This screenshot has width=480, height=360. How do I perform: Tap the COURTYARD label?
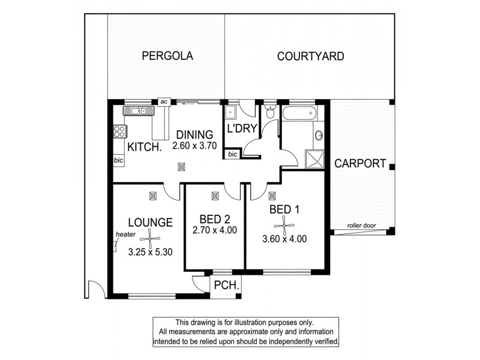(x=310, y=57)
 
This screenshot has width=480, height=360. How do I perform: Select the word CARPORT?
(x=360, y=163)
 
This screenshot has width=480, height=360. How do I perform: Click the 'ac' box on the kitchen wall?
(x=163, y=101)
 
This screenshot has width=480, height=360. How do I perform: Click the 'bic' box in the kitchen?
(x=119, y=160)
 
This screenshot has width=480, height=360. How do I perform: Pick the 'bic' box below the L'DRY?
(x=232, y=155)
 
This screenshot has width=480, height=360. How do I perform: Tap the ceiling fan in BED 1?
(x=284, y=225)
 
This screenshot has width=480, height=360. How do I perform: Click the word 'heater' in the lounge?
(x=125, y=235)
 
